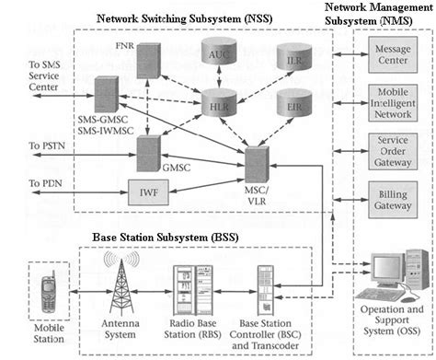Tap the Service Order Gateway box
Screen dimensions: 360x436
(x=394, y=152)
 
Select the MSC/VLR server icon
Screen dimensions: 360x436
(x=257, y=163)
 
